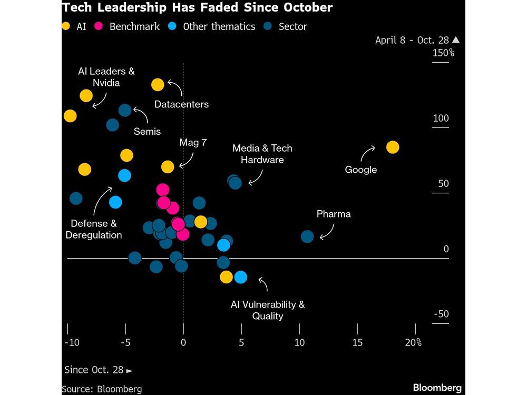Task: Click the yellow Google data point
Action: (x=392, y=147)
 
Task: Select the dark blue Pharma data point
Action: (x=307, y=236)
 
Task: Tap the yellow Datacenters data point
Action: (x=158, y=84)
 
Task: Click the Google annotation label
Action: (x=361, y=170)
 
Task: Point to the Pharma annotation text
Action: (x=334, y=214)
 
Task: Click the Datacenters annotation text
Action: (x=181, y=104)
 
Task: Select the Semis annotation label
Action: (x=147, y=131)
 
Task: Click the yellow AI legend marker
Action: (x=66, y=26)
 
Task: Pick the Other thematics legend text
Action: (x=219, y=26)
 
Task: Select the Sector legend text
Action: (x=294, y=26)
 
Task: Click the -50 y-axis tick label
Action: (x=441, y=314)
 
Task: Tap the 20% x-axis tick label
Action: (x=413, y=343)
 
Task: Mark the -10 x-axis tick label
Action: (x=71, y=343)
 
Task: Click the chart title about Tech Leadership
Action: (x=197, y=8)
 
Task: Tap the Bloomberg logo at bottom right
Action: (x=437, y=388)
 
